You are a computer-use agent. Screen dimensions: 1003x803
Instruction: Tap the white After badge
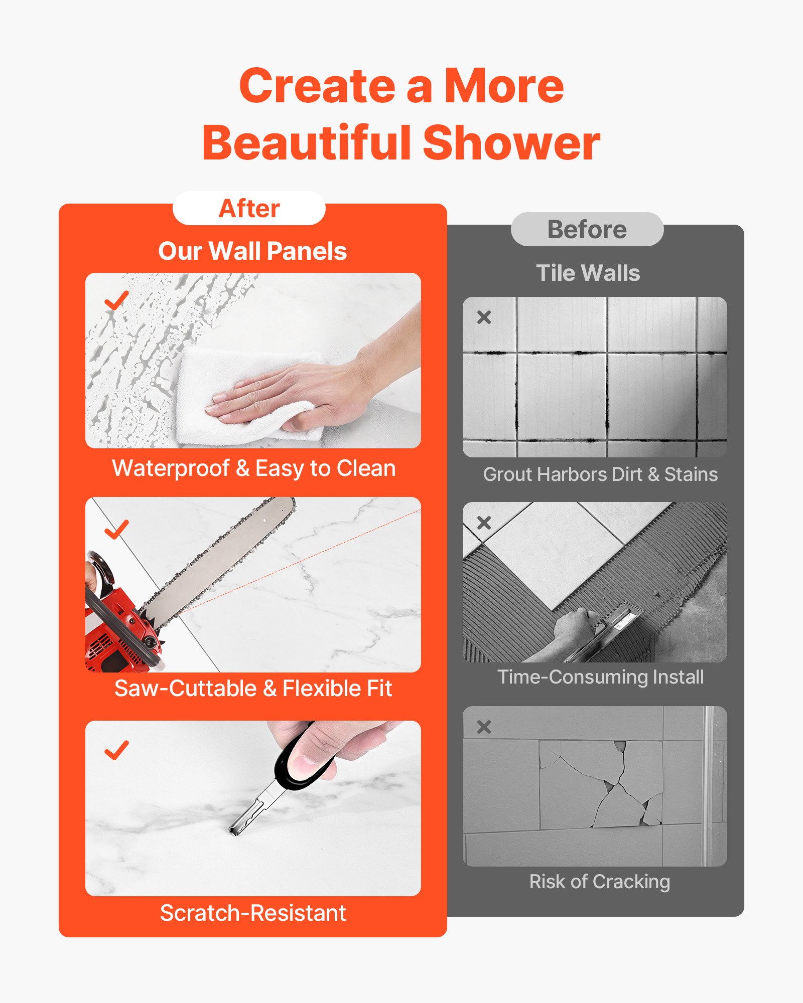[249, 208]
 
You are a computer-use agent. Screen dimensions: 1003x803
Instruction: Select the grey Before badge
[587, 230]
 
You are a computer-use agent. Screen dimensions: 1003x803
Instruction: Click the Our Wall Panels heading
[252, 251]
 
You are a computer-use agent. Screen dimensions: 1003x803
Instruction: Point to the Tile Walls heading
[588, 273]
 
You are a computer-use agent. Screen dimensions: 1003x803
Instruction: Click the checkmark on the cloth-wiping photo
[116, 300]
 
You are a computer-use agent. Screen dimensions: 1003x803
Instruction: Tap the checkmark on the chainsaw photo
[116, 529]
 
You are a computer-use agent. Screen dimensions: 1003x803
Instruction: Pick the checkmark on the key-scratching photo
[116, 750]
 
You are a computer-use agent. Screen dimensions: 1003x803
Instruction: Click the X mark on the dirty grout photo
[484, 317]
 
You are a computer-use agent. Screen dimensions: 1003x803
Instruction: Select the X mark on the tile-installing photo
[484, 523]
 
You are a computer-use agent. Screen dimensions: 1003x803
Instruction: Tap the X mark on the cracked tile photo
[484, 727]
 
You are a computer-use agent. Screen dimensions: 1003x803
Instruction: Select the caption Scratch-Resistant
[253, 913]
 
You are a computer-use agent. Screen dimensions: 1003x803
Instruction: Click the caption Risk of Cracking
[600, 882]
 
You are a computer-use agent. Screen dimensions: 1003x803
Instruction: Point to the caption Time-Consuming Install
[601, 677]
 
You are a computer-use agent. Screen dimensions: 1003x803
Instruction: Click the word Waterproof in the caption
[171, 468]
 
